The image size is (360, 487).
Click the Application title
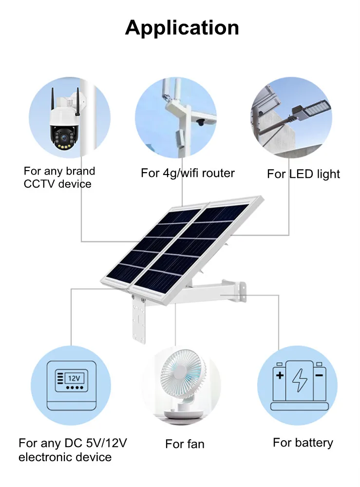pos(182,28)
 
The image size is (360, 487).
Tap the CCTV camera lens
pos(64,137)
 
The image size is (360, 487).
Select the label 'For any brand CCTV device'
pos(59,177)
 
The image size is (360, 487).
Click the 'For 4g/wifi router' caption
pos(188,173)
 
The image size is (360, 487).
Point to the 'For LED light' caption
pos(303,174)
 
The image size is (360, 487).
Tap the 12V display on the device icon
pos(74,378)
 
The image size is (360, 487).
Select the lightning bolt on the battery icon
pos(300,380)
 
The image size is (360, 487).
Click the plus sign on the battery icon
pos(280,375)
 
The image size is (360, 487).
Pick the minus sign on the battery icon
pos(319,375)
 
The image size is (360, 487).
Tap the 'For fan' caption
pos(185,444)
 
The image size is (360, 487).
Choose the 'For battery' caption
pos(303,443)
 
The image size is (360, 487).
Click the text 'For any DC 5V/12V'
pos(73,443)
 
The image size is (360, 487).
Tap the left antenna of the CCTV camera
pos(53,101)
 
